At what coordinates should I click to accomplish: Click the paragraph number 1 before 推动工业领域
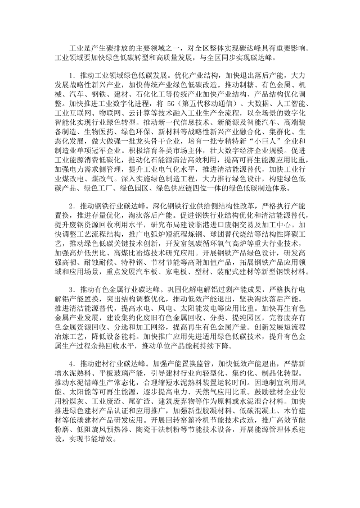[69, 75]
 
